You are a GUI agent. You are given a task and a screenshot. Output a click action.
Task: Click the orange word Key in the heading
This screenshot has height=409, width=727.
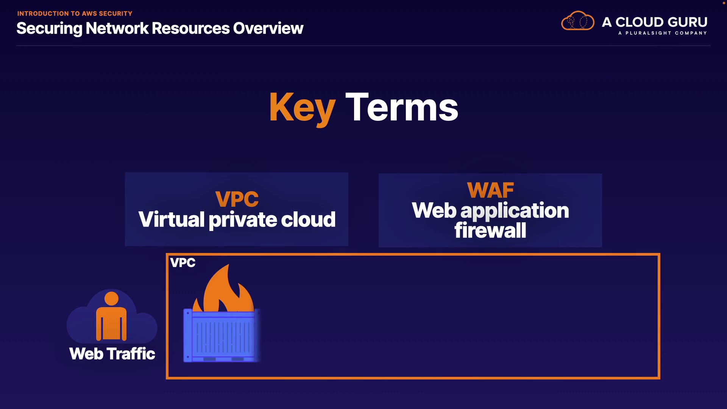tap(302, 108)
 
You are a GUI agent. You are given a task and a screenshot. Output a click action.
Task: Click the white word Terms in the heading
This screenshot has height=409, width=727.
tap(402, 108)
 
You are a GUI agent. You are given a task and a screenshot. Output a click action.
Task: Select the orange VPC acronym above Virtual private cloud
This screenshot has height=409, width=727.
tap(237, 199)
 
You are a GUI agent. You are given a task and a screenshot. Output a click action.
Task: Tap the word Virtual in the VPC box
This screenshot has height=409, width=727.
tap(172, 220)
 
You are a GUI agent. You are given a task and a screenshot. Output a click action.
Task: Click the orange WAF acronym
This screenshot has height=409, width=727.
tap(490, 190)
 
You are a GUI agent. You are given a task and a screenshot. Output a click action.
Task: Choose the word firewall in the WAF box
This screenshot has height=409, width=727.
tap(490, 230)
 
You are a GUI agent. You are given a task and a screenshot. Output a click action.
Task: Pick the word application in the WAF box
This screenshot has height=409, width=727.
tap(515, 211)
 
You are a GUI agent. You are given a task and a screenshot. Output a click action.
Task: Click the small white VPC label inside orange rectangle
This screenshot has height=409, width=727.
tap(183, 263)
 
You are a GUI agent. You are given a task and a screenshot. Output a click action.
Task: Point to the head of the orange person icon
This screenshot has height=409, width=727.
tap(111, 298)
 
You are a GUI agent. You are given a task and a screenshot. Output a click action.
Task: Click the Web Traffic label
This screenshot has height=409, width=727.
tap(112, 354)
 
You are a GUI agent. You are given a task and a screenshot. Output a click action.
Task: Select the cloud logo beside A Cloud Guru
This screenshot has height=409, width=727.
tap(577, 21)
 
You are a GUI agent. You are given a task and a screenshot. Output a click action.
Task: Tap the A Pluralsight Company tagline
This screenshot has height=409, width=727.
tap(662, 33)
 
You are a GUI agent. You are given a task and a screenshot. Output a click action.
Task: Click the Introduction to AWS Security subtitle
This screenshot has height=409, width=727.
tap(75, 14)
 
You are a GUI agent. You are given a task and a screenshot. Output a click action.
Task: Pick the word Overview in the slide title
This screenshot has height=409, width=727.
tap(268, 28)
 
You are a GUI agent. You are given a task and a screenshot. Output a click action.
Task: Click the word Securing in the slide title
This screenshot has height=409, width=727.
tap(49, 28)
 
